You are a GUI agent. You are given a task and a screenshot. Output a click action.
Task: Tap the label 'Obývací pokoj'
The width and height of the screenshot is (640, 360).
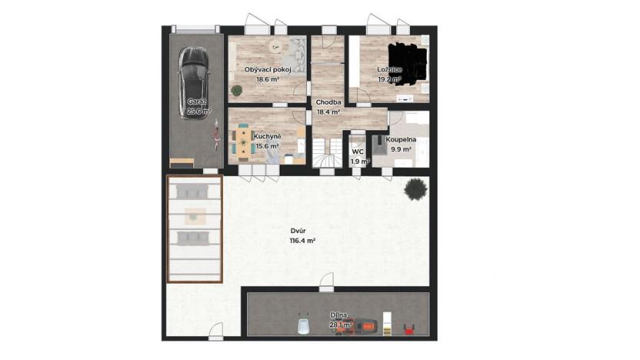click(267, 70)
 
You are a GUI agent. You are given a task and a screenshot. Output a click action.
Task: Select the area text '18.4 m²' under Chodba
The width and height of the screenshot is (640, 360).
click(328, 112)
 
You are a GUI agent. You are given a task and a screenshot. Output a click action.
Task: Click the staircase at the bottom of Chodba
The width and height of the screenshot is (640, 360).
click(328, 152)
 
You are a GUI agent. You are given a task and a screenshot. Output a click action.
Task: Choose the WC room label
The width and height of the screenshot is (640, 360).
click(358, 152)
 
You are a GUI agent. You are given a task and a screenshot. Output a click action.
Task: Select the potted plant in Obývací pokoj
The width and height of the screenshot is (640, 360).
click(236, 91)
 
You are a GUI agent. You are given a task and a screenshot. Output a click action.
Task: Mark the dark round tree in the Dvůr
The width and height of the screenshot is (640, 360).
click(415, 187)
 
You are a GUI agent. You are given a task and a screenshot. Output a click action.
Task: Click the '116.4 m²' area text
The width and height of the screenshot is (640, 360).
click(303, 240)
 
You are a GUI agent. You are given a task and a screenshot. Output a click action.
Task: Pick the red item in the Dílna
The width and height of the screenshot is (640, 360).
click(408, 330)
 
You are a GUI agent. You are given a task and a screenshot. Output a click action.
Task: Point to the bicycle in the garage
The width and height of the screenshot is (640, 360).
click(216, 138)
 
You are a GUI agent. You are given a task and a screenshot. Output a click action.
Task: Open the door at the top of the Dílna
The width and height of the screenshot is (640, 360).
click(327, 286)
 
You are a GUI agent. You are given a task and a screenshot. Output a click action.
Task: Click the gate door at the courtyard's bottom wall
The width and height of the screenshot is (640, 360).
click(216, 332)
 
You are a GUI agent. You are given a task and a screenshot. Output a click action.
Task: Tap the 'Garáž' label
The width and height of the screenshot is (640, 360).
click(197, 102)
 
